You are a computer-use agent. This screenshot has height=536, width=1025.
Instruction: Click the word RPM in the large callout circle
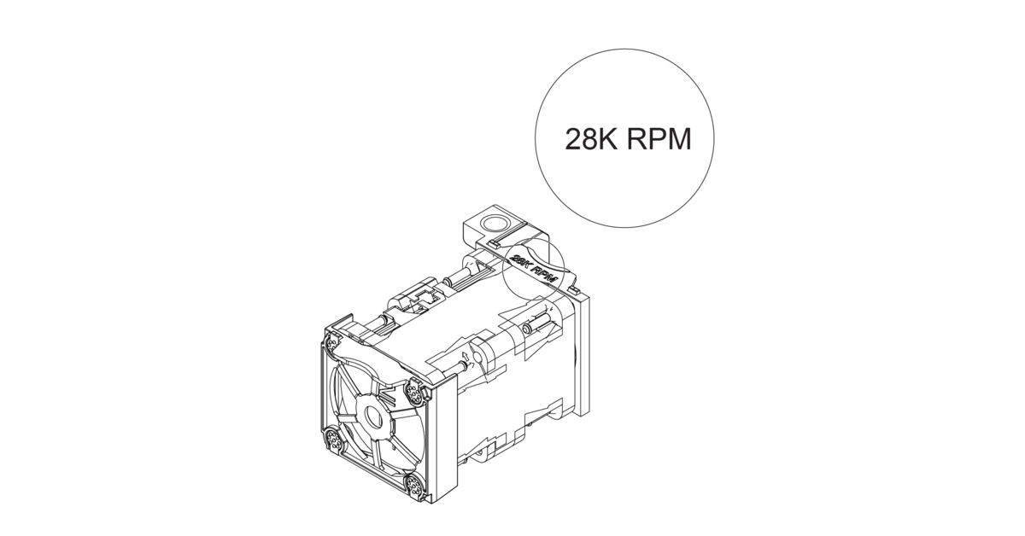(659, 139)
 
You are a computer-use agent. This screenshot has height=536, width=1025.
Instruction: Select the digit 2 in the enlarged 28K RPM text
(573, 139)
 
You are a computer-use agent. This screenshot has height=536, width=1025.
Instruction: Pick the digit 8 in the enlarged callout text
(590, 139)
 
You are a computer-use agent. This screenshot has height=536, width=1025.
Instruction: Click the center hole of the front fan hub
(373, 417)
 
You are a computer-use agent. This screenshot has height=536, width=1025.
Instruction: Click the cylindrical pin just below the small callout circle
(531, 325)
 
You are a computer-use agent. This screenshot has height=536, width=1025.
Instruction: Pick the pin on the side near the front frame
(461, 366)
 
